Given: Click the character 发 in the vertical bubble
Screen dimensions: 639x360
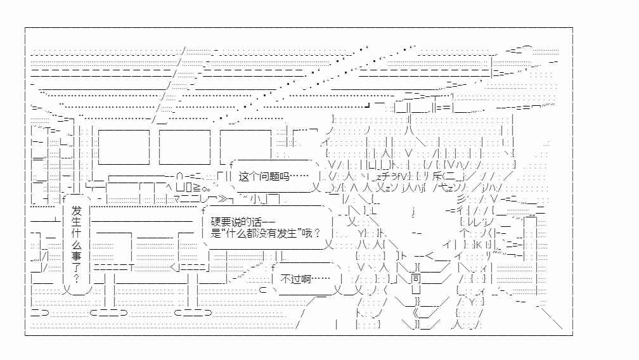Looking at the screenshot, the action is tap(76, 211).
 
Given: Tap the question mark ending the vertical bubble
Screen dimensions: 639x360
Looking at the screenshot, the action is tap(76, 279).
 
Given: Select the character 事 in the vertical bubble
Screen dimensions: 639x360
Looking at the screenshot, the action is tap(76, 256).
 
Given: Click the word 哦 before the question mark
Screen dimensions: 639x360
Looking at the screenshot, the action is tap(307, 233).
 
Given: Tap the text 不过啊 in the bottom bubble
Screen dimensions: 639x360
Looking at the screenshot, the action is tap(296, 279).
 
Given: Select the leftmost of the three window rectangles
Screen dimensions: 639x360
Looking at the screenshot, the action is tap(124, 148).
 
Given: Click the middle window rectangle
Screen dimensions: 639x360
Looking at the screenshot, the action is tap(184, 148).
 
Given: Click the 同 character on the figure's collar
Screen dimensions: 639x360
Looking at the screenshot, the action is tap(416, 279).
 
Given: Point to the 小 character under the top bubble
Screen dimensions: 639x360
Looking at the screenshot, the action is tap(255, 199).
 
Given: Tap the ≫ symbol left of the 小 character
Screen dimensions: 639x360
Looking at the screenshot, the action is tap(223, 200).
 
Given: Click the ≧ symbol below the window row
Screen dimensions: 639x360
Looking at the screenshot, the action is tap(197, 188).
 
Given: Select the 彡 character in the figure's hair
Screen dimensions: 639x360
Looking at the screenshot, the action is tap(461, 200).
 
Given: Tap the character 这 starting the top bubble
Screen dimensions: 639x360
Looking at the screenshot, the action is tap(243, 176).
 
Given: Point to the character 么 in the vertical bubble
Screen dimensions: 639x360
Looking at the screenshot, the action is tap(76, 245).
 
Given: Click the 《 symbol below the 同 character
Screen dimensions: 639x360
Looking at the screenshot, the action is tap(416, 313).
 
